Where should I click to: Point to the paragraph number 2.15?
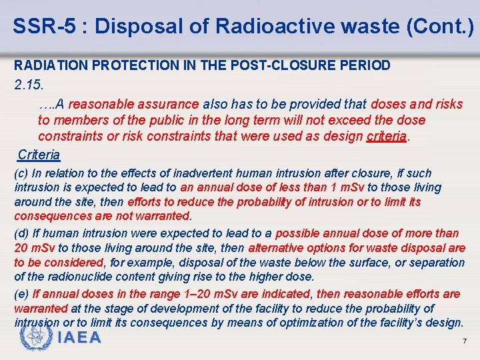pos(28,85)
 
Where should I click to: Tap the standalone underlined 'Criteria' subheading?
pos(39,155)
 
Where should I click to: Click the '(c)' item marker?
pos(21,173)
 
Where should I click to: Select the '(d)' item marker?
pos(21,233)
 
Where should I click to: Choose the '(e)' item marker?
pos(21,294)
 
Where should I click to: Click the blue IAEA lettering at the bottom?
pos(79,337)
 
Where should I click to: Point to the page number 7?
pos(464,341)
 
